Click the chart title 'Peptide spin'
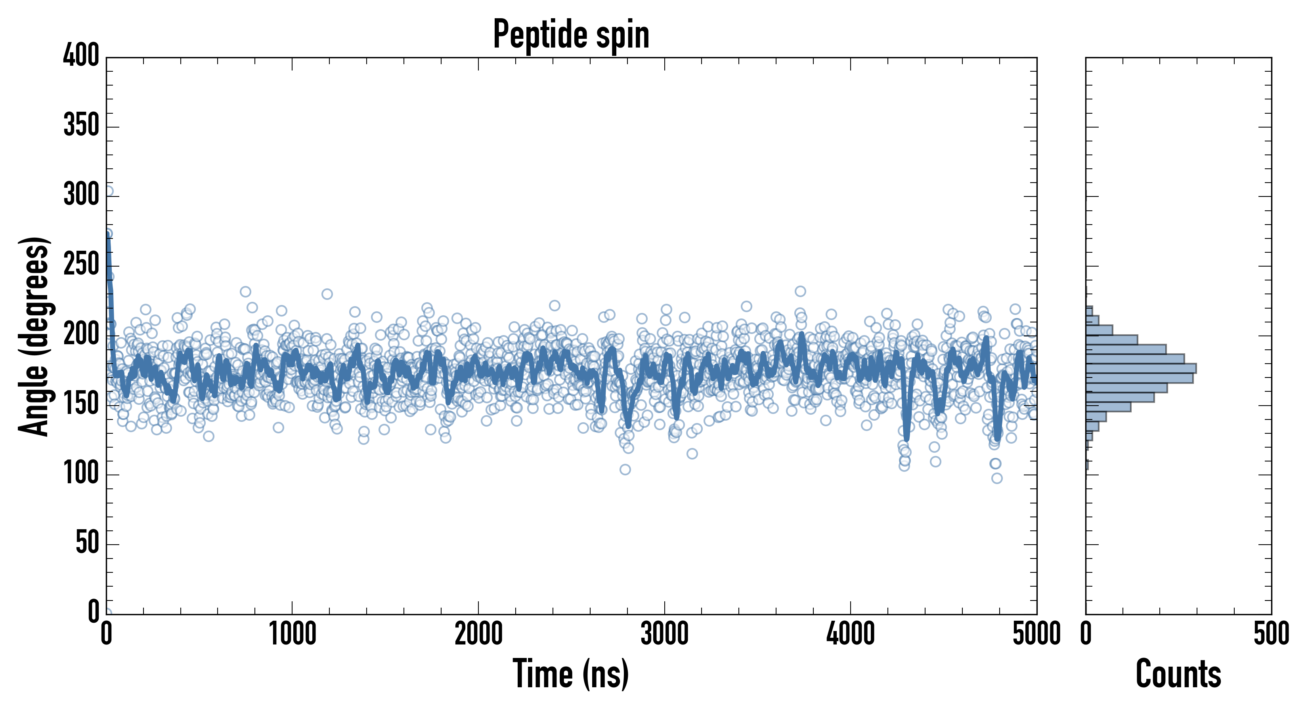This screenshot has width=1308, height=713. tap(571, 34)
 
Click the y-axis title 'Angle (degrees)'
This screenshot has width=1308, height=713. tap(34, 336)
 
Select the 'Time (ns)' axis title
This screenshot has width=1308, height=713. tap(571, 674)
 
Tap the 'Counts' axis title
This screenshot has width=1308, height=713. tap(1178, 674)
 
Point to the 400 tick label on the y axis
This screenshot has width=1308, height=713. tap(81, 55)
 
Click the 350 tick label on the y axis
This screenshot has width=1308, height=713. tap(81, 125)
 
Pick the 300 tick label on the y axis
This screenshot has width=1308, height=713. tap(81, 194)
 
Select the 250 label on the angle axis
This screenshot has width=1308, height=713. tap(81, 264)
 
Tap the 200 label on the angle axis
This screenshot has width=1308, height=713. tap(81, 334)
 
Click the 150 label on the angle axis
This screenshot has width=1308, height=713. tap(81, 404)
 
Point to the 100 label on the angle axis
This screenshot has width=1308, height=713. tap(81, 473)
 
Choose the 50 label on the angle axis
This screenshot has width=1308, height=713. tap(87, 543)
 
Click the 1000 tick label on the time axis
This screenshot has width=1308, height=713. tap(293, 634)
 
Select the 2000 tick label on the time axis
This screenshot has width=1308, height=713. tap(478, 634)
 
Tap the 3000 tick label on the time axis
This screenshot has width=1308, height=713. tap(664, 634)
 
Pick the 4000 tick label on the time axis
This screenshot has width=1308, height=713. tap(851, 634)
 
